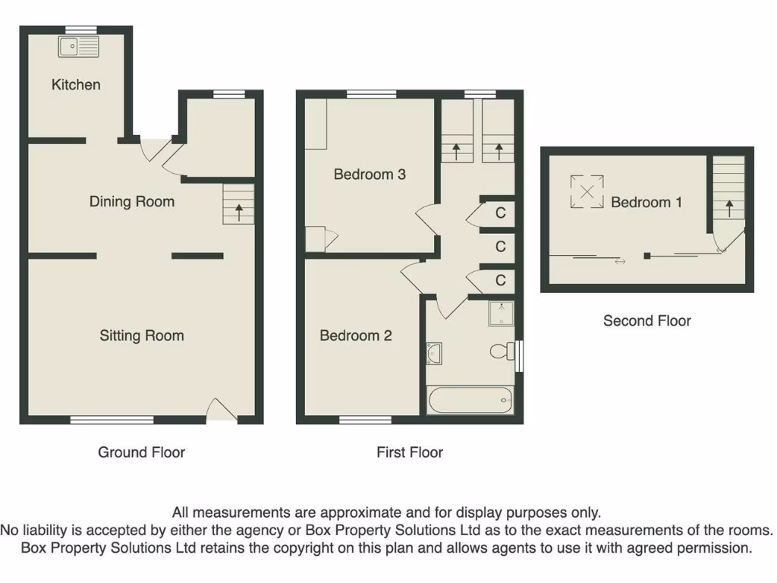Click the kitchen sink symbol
click(x=79, y=47)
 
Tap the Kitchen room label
click(x=76, y=84)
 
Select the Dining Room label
click(x=132, y=201)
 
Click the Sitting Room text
click(x=142, y=336)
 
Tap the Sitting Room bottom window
click(x=112, y=419)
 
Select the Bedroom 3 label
click(x=370, y=175)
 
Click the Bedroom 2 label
click(x=355, y=336)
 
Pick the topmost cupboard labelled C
click(x=500, y=213)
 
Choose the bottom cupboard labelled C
click(x=500, y=281)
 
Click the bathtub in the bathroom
click(x=470, y=400)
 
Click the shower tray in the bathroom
click(x=502, y=314)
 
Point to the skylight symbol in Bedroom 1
click(x=587, y=191)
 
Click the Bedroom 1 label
click(x=646, y=203)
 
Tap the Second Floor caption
click(x=647, y=321)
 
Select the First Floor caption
click(x=410, y=452)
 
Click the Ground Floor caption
click(x=142, y=452)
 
